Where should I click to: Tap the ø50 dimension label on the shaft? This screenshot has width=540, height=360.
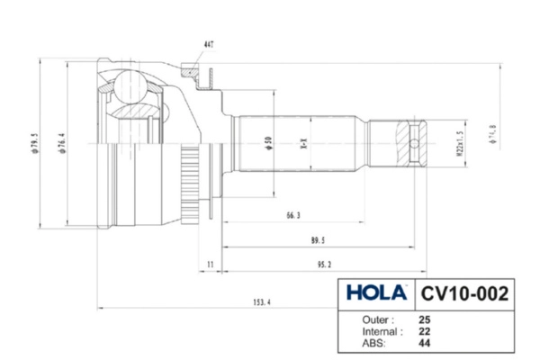pyautogui.click(x=269, y=144)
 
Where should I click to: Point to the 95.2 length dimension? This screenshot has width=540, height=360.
pyautogui.click(x=323, y=264)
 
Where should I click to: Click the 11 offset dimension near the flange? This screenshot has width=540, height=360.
pyautogui.click(x=209, y=264)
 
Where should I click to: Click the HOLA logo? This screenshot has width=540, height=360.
pyautogui.click(x=376, y=293)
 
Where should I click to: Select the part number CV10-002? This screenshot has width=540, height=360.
pyautogui.click(x=465, y=293)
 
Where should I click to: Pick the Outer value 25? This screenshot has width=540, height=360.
pyautogui.click(x=424, y=319)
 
